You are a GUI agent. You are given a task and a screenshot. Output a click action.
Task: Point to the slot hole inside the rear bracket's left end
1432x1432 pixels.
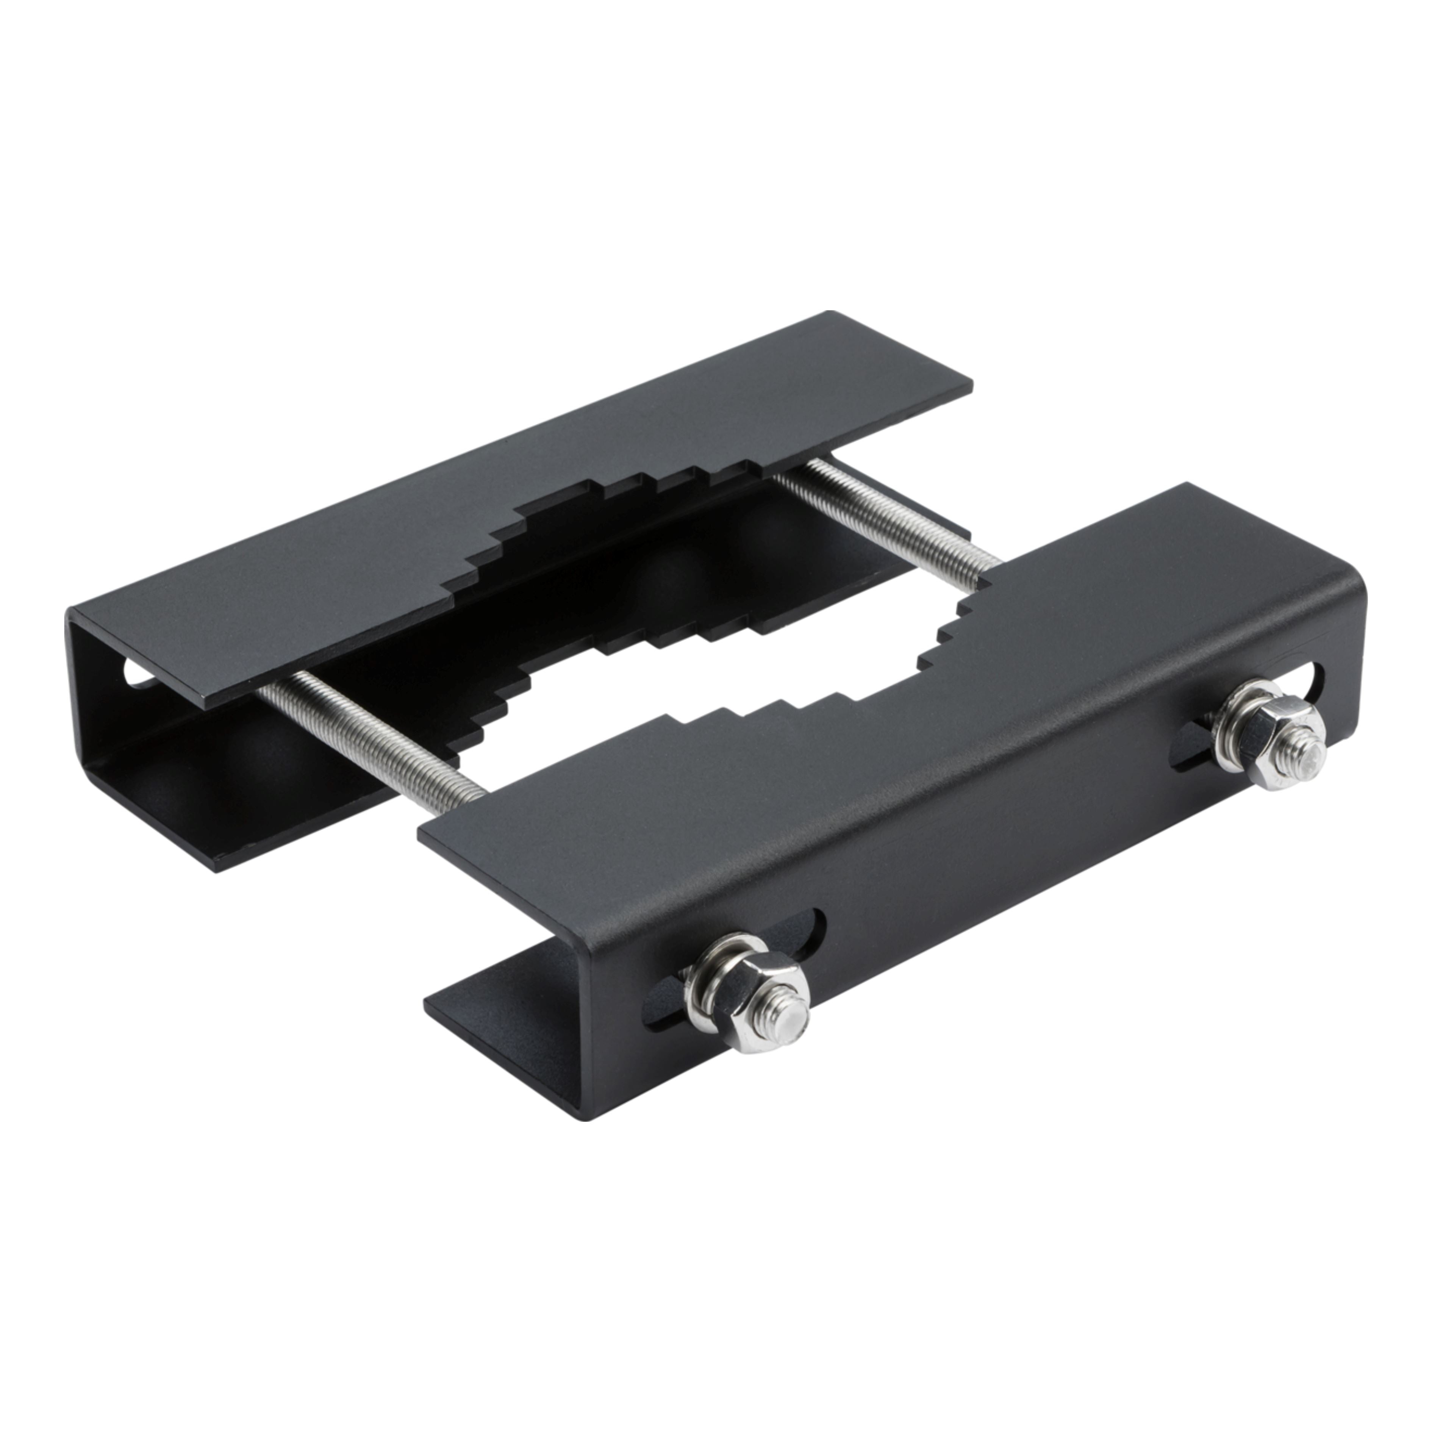point(137,673)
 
